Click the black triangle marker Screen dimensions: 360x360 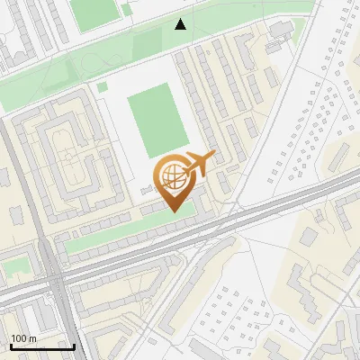point(182,24)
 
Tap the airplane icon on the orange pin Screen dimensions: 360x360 point(199,163)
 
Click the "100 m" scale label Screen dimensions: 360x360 point(22,338)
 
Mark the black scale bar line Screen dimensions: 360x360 point(41,346)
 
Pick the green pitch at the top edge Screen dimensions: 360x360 point(94,11)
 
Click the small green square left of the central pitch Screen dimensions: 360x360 point(103,87)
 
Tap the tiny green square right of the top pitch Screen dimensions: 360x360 point(127,11)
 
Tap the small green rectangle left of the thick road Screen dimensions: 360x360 point(15,266)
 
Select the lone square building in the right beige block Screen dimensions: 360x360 point(309,236)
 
